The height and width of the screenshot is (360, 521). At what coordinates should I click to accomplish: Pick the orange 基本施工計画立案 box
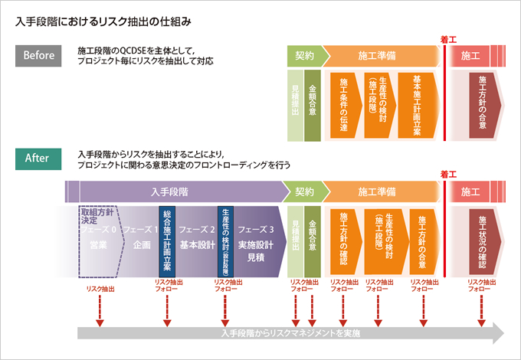pos(416,105)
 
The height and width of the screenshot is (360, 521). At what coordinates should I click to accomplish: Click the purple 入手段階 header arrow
pos(176,191)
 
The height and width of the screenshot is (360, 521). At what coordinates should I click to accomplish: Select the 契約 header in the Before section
pos(305,56)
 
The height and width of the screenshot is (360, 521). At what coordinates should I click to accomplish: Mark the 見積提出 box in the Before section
pos(294,105)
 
